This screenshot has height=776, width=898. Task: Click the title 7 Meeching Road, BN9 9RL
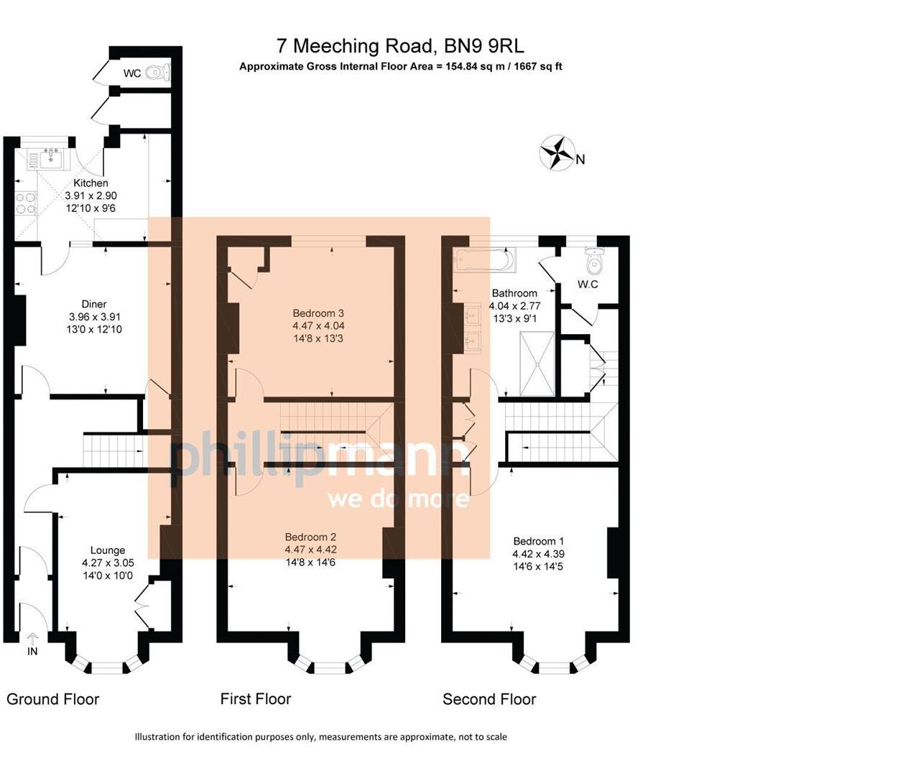[x=400, y=46]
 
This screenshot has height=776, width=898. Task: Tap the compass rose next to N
[x=557, y=153]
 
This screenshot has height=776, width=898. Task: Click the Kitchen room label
[x=91, y=183]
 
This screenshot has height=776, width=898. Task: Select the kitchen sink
[x=50, y=159]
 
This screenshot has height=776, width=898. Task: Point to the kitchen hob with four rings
[x=27, y=203]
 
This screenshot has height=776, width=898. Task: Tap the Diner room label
[x=94, y=304]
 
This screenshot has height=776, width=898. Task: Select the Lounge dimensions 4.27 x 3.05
[x=108, y=563]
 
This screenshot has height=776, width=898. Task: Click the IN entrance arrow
[x=32, y=639]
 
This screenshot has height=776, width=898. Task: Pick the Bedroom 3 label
[x=318, y=313]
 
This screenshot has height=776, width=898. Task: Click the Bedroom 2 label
[x=310, y=537]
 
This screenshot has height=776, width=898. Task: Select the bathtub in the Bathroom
[x=484, y=259]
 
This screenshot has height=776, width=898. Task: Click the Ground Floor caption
[x=52, y=699]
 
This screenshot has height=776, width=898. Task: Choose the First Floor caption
[x=256, y=699]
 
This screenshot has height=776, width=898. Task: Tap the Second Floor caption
[x=489, y=699]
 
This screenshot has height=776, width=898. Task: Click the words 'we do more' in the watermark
[x=398, y=499]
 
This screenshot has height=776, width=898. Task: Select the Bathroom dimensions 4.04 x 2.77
[x=514, y=306]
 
